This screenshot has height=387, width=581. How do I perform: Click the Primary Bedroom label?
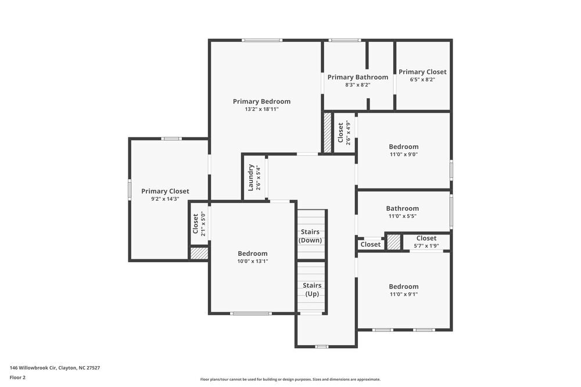pyautogui.click(x=261, y=101)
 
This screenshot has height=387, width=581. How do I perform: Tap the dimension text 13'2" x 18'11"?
pyautogui.click(x=261, y=109)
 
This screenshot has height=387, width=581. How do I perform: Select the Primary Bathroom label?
pyautogui.click(x=357, y=77)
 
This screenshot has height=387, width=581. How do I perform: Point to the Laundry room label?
pyautogui.click(x=251, y=178)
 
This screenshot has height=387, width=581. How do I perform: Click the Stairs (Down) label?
pyautogui.click(x=310, y=236)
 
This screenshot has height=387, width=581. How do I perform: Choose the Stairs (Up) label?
pyautogui.click(x=312, y=290)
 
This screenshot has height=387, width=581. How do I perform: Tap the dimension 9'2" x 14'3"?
pyautogui.click(x=165, y=199)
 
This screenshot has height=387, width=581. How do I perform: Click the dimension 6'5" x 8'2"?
pyautogui.click(x=422, y=80)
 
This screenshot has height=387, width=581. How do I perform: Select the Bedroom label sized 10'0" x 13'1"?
pyautogui.click(x=253, y=254)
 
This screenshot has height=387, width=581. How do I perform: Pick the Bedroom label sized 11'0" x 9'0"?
pyautogui.click(x=403, y=147)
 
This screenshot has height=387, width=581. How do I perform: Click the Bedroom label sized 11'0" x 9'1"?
pyautogui.click(x=403, y=287)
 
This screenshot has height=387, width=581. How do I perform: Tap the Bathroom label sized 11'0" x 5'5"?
pyautogui.click(x=402, y=208)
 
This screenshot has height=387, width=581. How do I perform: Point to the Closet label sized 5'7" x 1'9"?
pyautogui.click(x=426, y=238)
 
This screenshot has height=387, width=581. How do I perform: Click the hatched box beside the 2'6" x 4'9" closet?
pyautogui.click(x=327, y=132)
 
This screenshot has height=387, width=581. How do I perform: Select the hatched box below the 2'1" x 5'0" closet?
pyautogui.click(x=199, y=254)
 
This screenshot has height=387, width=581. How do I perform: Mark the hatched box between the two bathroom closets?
pyautogui.click(x=394, y=242)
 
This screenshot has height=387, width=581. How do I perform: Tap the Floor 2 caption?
pyautogui.click(x=17, y=377)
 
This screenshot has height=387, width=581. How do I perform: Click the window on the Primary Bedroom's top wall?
pyautogui.click(x=262, y=40)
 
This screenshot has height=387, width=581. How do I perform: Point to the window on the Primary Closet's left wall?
pyautogui.click(x=130, y=190)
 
